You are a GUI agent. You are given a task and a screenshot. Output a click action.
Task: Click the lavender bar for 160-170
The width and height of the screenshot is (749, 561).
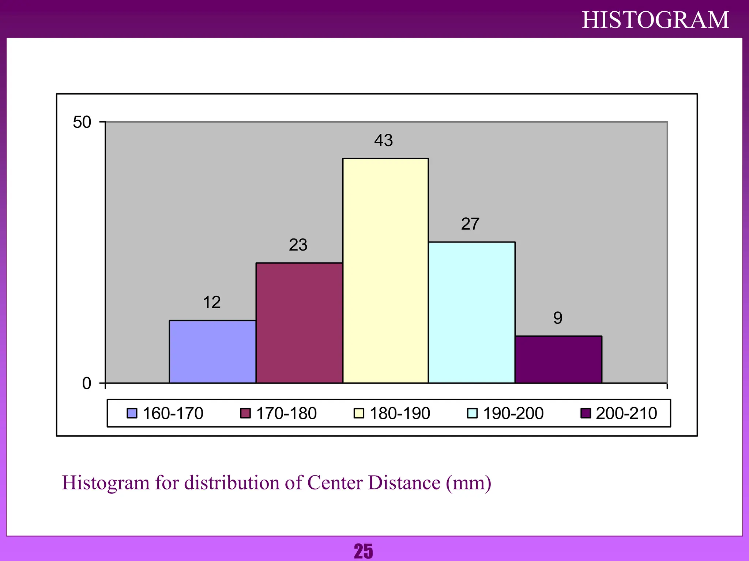coord(212,351)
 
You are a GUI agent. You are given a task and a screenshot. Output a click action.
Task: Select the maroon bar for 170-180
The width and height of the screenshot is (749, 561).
coord(299,323)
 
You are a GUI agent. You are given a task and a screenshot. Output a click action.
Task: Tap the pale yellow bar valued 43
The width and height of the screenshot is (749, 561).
coord(385,271)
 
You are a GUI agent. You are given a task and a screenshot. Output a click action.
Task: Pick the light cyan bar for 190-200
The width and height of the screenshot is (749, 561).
coord(472,312)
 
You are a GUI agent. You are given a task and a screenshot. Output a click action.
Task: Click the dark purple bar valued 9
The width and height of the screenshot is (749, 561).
coord(558,359)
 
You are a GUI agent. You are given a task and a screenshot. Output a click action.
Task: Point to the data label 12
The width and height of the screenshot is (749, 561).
coord(212,302)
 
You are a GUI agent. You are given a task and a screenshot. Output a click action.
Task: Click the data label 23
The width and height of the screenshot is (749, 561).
coord(298,245)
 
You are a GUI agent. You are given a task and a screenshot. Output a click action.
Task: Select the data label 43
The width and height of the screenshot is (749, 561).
coord(384,140)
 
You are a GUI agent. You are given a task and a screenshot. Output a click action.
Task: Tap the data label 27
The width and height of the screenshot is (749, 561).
coord(470,224)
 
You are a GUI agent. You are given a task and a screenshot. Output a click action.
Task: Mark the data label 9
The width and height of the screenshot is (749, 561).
coord(558,318)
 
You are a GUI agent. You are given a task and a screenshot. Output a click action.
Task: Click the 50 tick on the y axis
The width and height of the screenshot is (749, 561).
coord(82,122)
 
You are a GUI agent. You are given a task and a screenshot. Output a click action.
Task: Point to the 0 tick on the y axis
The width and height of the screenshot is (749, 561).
coord(87,383)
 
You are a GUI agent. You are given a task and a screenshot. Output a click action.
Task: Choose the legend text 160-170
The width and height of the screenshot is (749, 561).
coord(173,413)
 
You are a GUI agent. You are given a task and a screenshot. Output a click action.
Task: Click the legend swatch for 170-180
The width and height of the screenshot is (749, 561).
coord(245,413)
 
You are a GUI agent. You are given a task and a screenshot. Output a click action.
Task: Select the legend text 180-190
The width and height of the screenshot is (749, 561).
coord(400,413)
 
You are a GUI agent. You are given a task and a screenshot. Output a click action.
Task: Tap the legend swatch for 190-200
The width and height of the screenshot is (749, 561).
coord(472,413)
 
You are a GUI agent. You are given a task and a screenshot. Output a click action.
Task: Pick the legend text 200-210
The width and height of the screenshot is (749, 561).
coord(626,413)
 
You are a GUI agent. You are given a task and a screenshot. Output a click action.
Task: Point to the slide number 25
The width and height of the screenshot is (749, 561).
coord(364,551)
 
